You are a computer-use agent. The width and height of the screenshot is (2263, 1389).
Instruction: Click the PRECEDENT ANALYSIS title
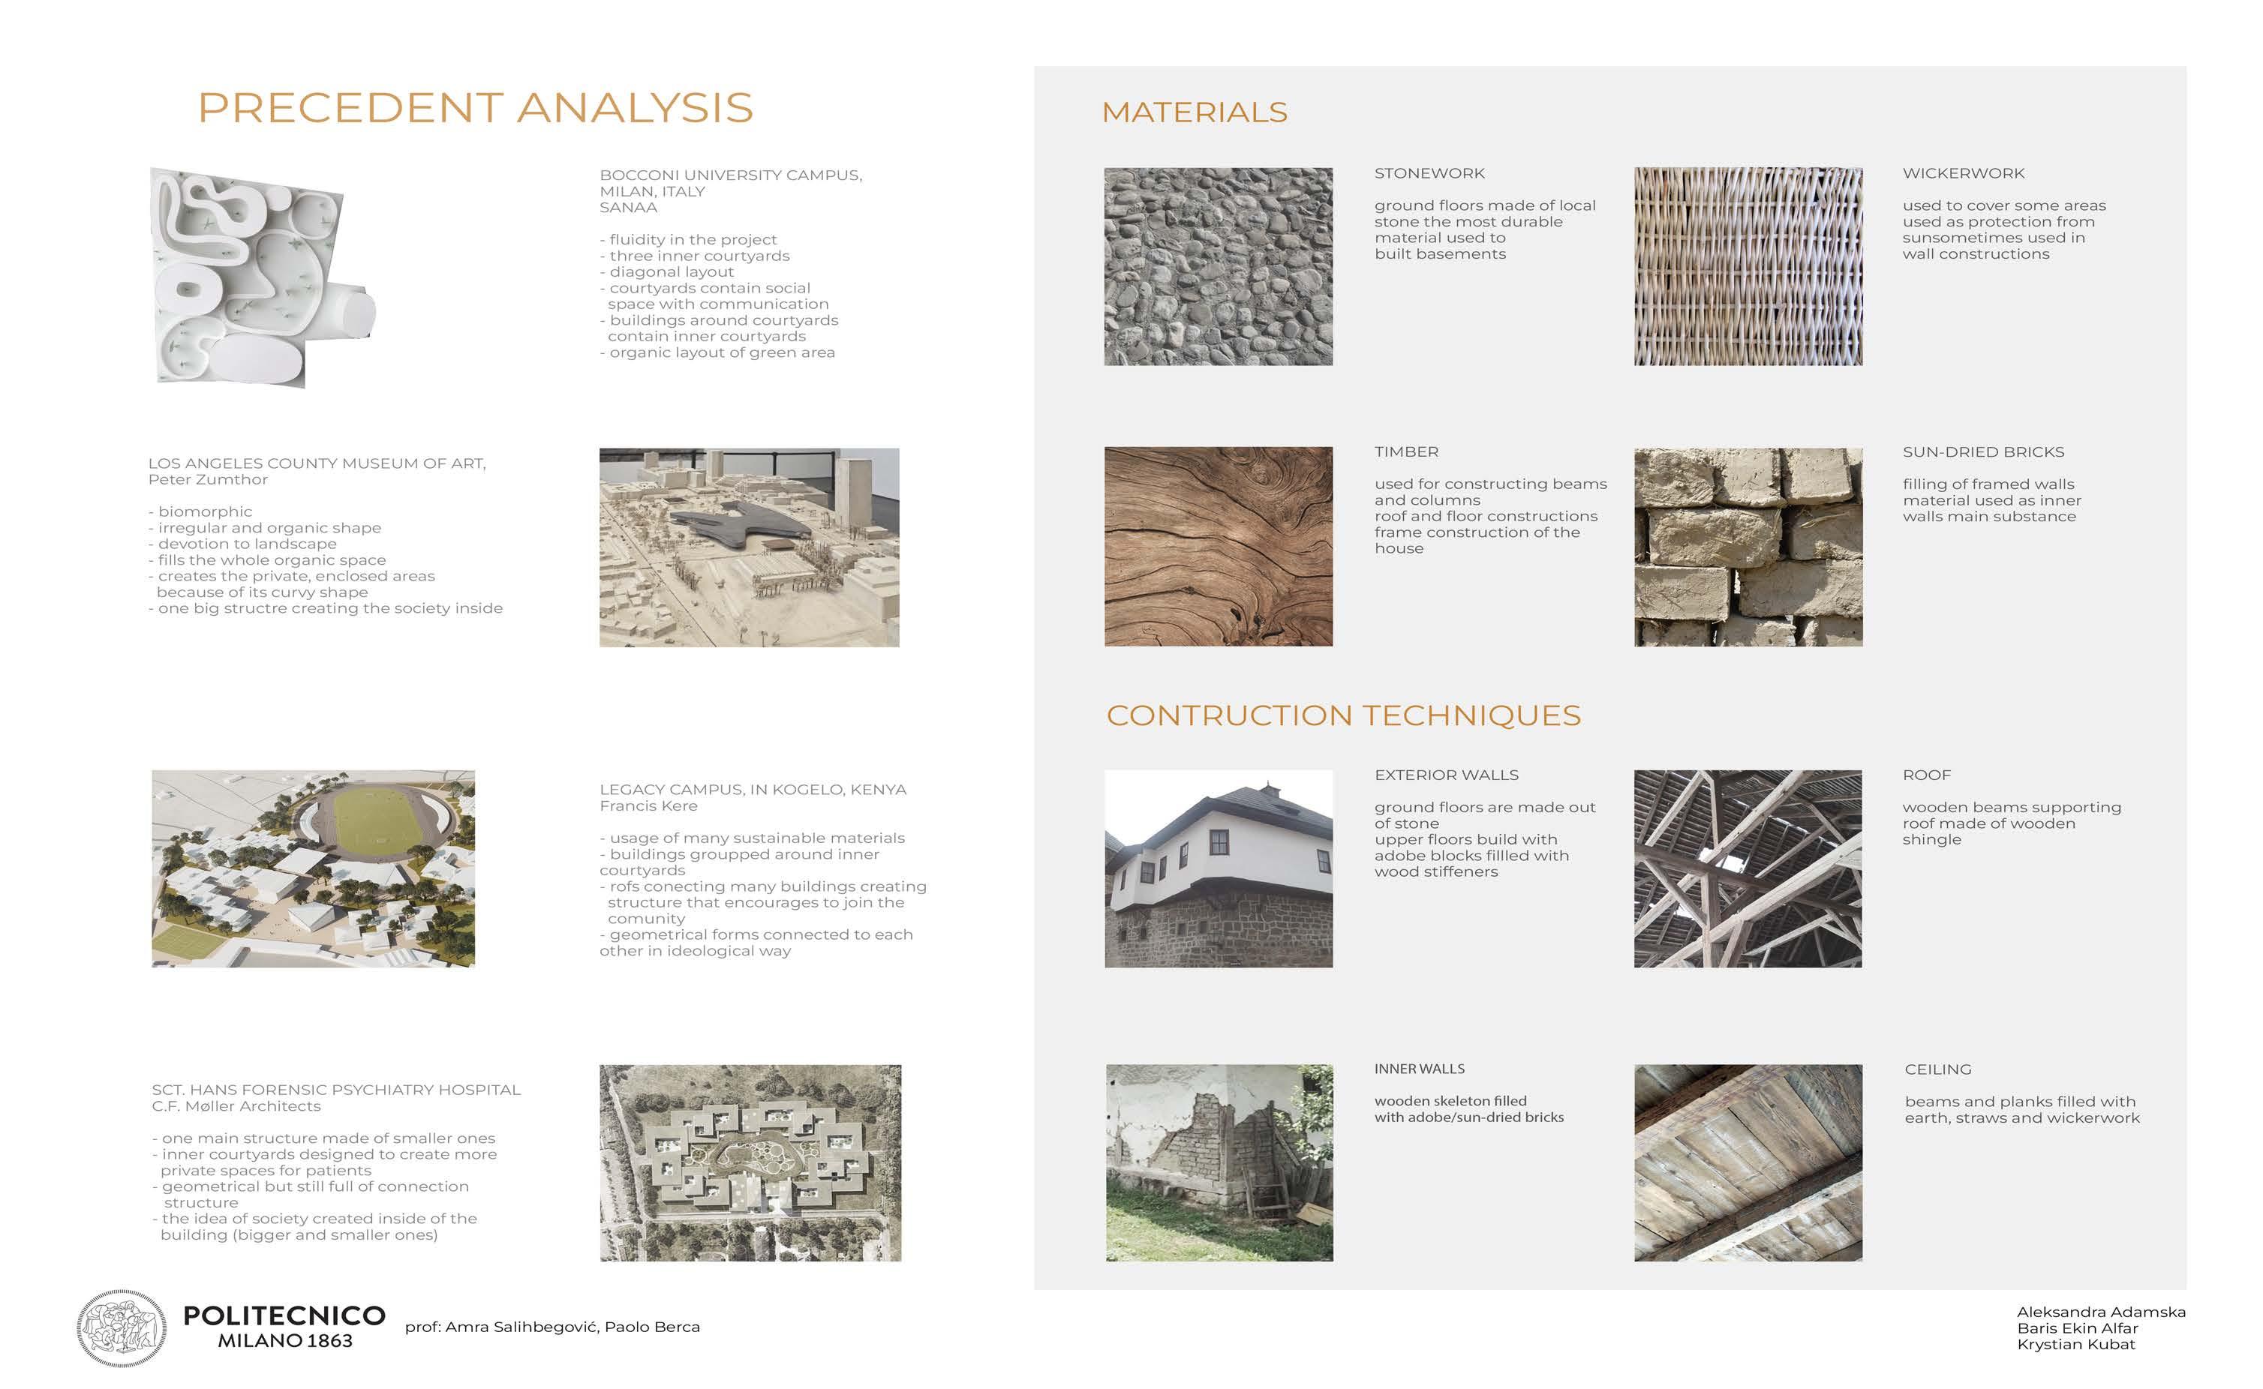tap(475, 109)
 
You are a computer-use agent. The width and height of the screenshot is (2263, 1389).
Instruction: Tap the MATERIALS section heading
tap(1194, 112)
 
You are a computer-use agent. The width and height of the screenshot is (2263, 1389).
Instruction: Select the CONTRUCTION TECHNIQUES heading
tap(1342, 715)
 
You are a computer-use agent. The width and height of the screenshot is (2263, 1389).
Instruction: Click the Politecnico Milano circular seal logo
tap(122, 1327)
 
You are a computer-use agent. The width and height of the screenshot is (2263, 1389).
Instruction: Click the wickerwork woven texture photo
tap(1748, 266)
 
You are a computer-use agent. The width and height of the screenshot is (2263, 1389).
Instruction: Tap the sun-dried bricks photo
tap(1748, 547)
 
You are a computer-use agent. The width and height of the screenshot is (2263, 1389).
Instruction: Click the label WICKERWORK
tap(1963, 174)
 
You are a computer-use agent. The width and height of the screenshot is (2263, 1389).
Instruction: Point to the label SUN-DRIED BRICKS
tap(1983, 452)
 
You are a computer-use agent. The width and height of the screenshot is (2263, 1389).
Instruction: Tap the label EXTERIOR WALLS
tap(1446, 775)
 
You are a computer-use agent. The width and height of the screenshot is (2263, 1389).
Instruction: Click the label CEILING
tap(1938, 1069)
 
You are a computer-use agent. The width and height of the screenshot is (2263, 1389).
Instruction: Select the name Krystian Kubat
tap(2075, 1344)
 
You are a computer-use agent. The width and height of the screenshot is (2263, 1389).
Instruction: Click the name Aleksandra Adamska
tap(2100, 1312)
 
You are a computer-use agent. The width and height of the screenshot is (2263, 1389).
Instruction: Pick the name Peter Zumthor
tap(208, 479)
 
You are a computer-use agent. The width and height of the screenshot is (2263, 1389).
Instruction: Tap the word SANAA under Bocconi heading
tap(629, 208)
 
